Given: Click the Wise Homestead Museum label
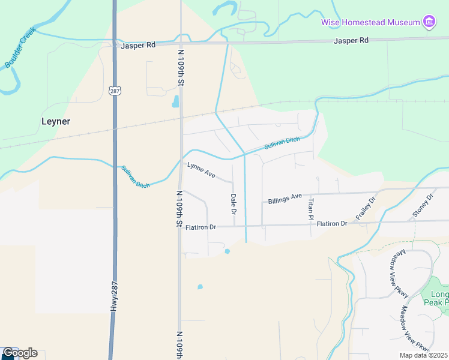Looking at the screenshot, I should coord(370,22).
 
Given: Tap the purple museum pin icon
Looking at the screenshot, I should coord(429,23).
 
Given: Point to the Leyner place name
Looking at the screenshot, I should coord(56,121).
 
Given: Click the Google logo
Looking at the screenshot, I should coord(19,353).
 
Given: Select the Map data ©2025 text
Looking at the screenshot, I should coord(424,355).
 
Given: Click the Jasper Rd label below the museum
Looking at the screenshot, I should coord(351,40).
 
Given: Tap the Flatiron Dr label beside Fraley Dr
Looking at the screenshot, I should coord(332,224).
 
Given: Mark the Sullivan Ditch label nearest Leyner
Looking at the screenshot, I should coord(136,177).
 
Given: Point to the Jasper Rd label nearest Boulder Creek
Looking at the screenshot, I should coord(138,45).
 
